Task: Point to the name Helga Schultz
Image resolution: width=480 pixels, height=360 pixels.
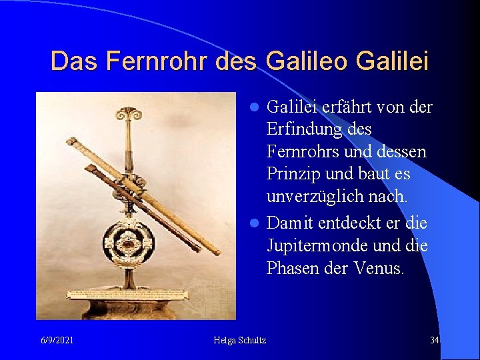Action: [x=240, y=341]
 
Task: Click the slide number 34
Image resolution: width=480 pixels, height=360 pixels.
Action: [x=434, y=341]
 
